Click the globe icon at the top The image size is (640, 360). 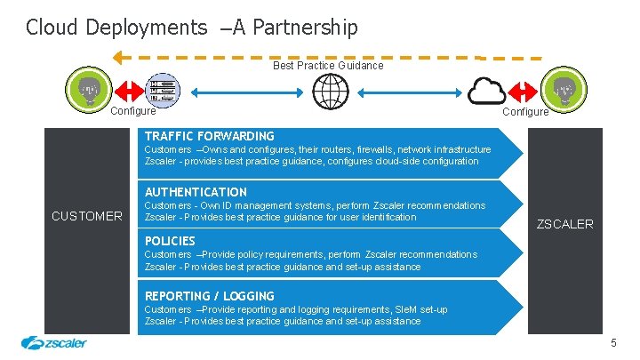(331, 90)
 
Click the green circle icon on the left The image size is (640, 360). (88, 89)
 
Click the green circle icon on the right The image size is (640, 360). (564, 90)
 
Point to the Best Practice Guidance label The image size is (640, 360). (328, 65)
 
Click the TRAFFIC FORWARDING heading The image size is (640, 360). (209, 136)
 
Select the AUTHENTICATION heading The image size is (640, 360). (196, 192)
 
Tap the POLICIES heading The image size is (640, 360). (170, 241)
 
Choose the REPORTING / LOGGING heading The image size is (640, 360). (209, 296)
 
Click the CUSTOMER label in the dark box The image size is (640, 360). (87, 216)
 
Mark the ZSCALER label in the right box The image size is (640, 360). (564, 224)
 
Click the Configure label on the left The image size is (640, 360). (132, 111)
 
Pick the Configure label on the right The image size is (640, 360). (525, 112)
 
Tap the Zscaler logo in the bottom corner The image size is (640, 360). (53, 343)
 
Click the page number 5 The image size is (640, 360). (613, 343)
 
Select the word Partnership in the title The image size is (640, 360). (305, 28)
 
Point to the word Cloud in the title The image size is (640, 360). (52, 28)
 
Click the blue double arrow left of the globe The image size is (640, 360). (244, 90)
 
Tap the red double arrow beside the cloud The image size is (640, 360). (523, 90)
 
